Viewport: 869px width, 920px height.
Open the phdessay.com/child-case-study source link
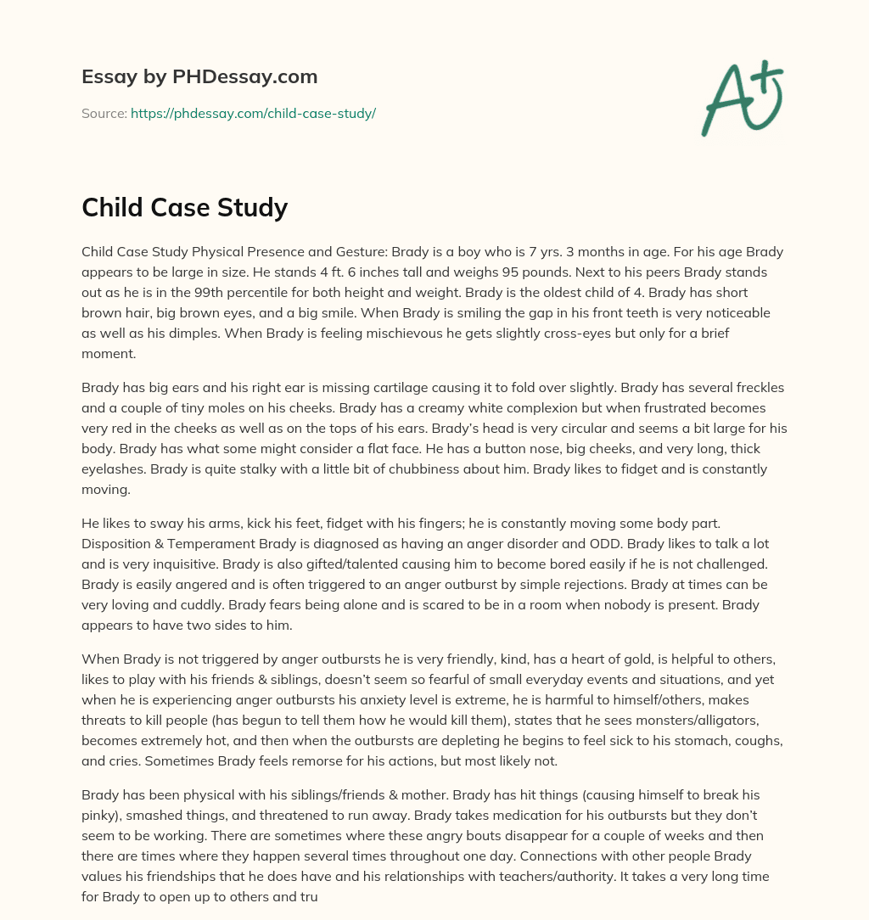[x=253, y=113]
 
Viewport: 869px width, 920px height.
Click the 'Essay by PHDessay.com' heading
[x=199, y=76]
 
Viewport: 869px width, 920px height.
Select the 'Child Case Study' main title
[x=184, y=206]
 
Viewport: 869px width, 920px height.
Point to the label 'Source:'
[x=104, y=113]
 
